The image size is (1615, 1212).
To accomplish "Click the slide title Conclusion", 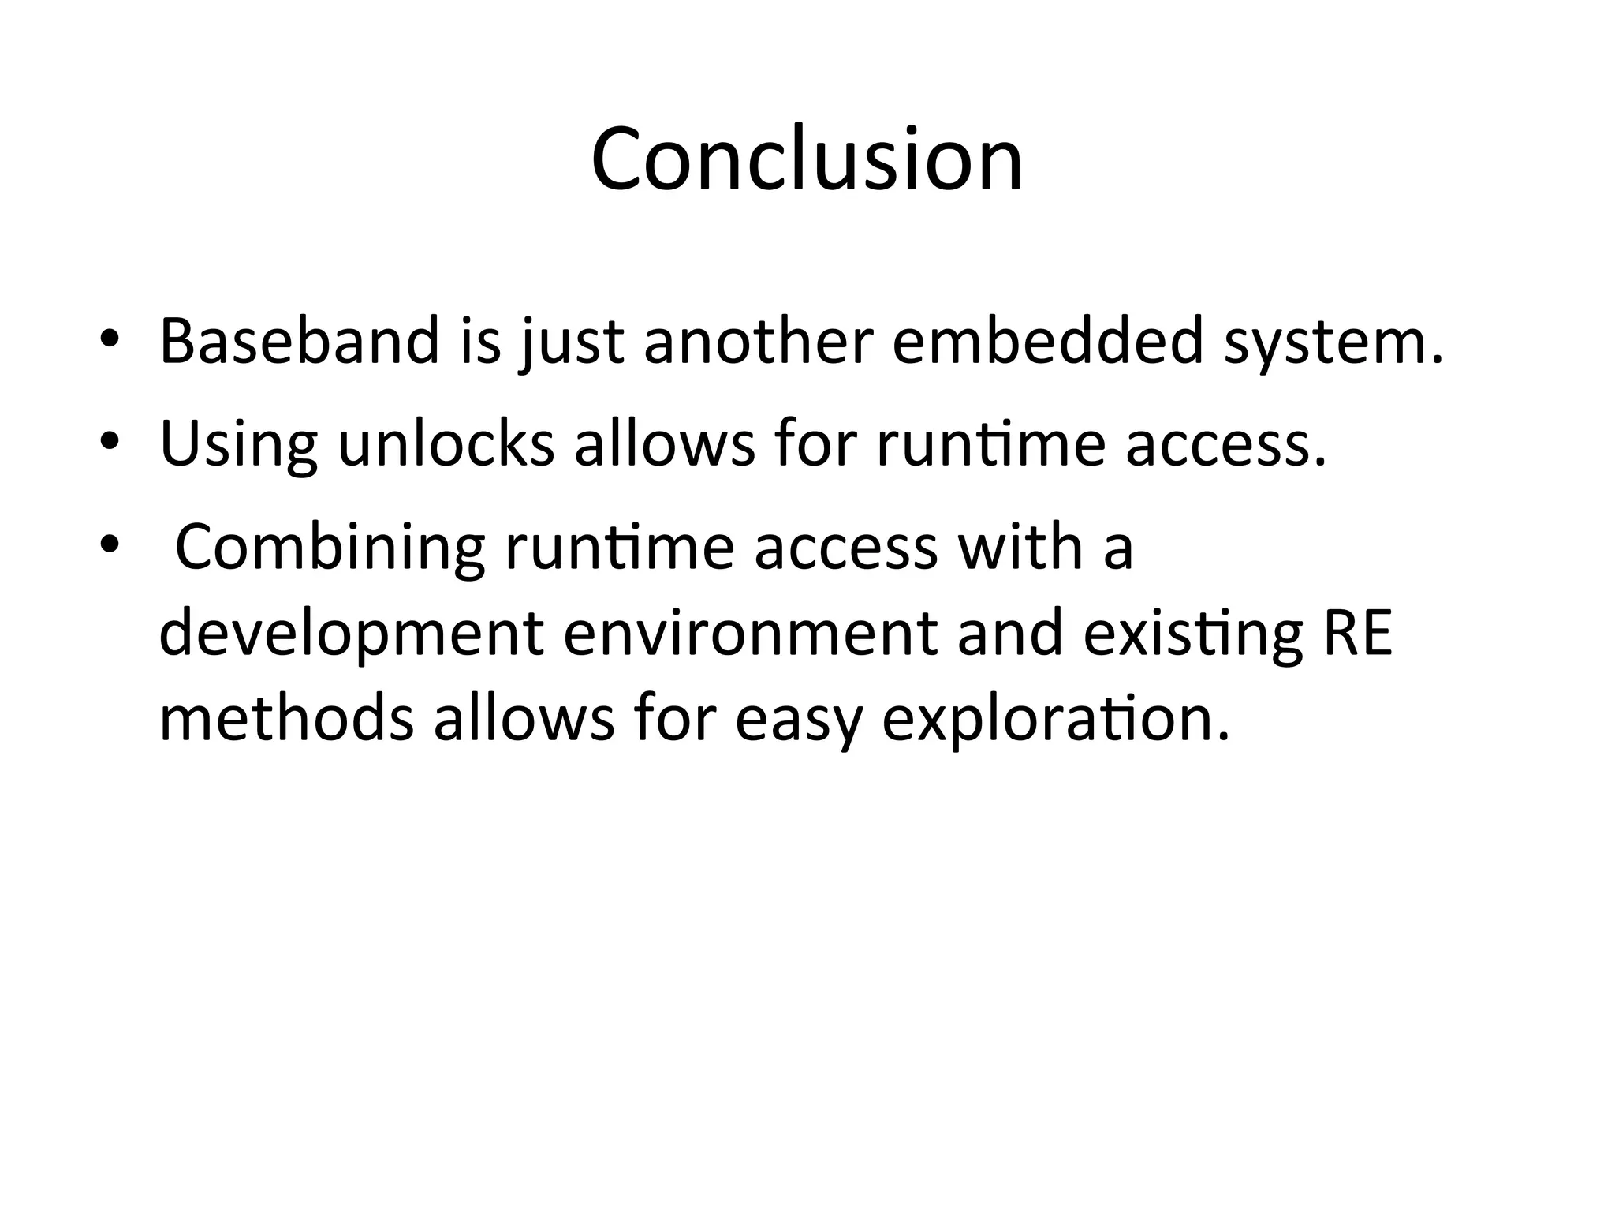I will coord(807,159).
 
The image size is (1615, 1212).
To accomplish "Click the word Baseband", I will coord(299,341).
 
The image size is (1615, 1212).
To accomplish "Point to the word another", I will coord(758,341).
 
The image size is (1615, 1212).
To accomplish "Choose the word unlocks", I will coord(446,443).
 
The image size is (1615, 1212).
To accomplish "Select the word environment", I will coord(750,633).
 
